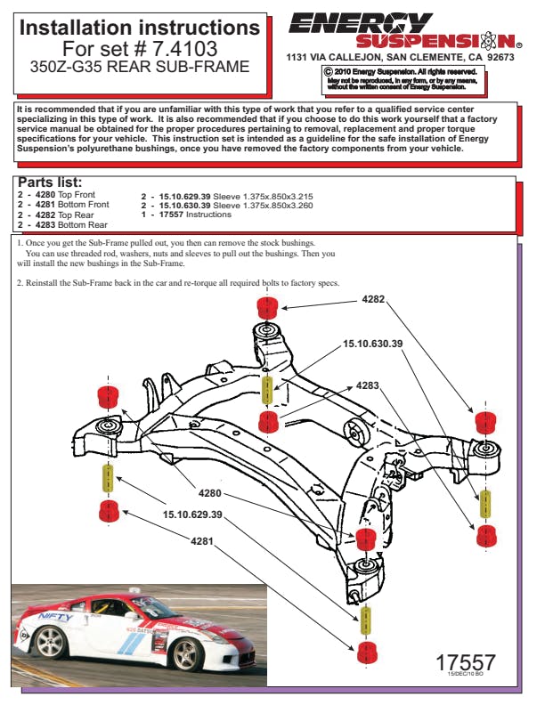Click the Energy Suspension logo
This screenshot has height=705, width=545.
[x=406, y=30]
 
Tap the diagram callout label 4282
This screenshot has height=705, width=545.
[x=374, y=301]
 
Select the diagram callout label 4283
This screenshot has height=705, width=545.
[x=368, y=385]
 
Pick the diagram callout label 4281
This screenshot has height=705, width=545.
[x=202, y=540]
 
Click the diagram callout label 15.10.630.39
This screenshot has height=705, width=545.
[x=374, y=344]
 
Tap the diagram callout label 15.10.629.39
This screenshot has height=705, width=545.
[x=192, y=515]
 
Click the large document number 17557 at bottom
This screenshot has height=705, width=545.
[x=465, y=663]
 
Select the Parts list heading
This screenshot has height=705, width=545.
[x=51, y=183]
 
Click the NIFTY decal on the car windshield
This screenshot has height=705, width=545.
[x=55, y=617]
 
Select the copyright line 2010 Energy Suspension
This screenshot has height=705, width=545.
[x=402, y=71]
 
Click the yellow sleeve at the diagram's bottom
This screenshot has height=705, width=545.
[x=366, y=620]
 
